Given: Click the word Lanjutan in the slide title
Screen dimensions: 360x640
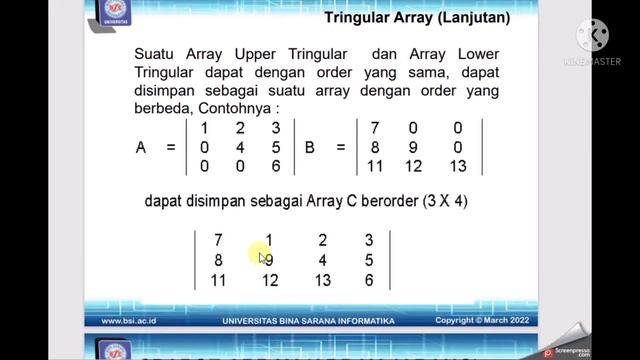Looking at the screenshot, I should [x=472, y=18].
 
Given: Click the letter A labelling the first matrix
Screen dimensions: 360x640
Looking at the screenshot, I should [x=141, y=147].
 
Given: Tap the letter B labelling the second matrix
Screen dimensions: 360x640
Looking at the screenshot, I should [x=310, y=147].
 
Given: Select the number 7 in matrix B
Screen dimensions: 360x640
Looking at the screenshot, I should [x=375, y=128].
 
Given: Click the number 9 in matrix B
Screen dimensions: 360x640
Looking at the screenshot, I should [x=417, y=147].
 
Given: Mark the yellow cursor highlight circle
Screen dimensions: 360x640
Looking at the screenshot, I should [x=261, y=256].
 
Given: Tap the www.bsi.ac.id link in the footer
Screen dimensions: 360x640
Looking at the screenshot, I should [x=132, y=321].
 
